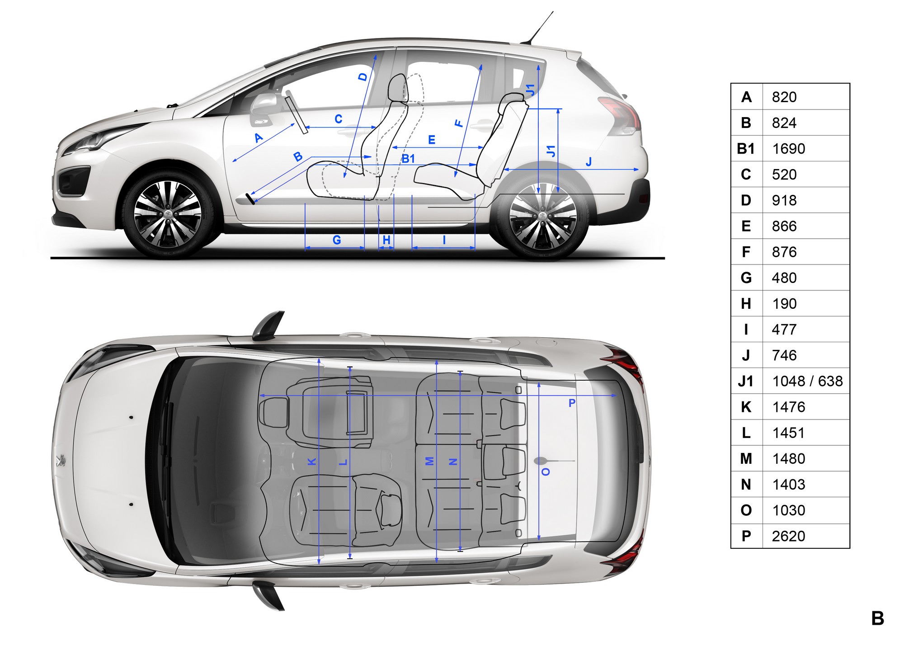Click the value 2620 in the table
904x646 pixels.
point(788,536)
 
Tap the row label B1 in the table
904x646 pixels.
point(746,149)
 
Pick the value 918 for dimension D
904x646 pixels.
point(784,200)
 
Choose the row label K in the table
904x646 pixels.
point(746,407)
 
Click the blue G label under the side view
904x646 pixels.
point(337,240)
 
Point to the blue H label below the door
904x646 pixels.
point(386,240)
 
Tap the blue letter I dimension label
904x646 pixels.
point(444,240)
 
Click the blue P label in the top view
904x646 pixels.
point(572,403)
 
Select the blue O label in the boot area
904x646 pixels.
point(546,472)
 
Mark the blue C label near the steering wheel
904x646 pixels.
point(339,119)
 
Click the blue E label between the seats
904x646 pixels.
point(432,140)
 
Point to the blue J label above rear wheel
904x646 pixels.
point(589,162)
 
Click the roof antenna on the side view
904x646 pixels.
point(538,28)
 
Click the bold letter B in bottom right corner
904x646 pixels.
point(878,618)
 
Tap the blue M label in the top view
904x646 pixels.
point(430,461)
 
